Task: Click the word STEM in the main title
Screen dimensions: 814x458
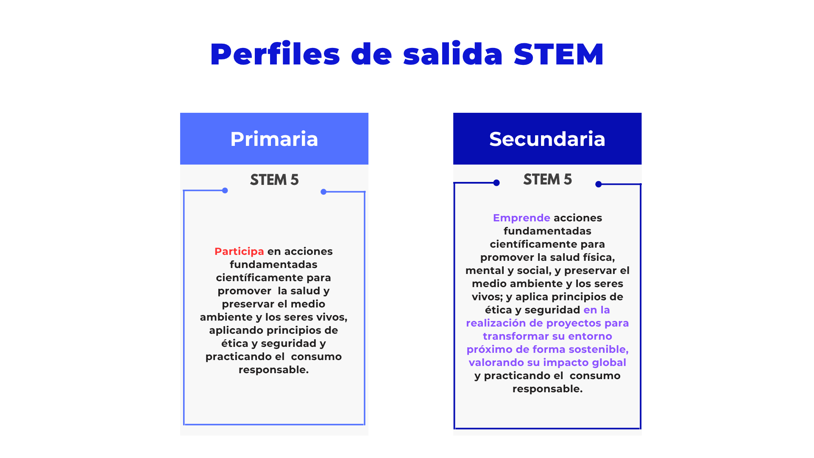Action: click(558, 54)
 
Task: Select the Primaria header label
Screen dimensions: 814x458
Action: click(274, 139)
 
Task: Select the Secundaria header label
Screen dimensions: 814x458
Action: click(547, 139)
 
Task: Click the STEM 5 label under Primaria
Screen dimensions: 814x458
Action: click(274, 180)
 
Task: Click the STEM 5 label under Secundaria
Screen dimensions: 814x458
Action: click(547, 179)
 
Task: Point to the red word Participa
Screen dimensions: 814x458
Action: click(239, 251)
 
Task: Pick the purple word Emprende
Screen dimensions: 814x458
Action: click(521, 218)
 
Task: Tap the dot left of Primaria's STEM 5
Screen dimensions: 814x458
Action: click(225, 190)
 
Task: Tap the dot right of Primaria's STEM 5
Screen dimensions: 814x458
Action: click(323, 192)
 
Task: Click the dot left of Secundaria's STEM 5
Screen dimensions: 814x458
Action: click(496, 183)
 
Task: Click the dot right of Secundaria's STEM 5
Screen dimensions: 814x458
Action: click(599, 184)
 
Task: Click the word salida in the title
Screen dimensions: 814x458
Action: click(453, 54)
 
